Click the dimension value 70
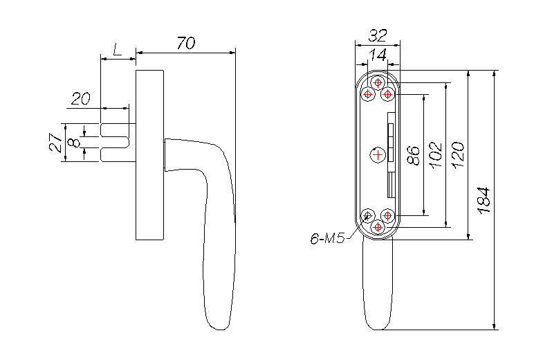pyautogui.click(x=186, y=43)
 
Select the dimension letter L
pyautogui.click(x=118, y=50)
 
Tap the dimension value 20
pyautogui.click(x=81, y=99)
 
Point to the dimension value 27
pyautogui.click(x=56, y=143)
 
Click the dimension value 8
pyautogui.click(x=74, y=143)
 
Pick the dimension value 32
pyautogui.click(x=378, y=35)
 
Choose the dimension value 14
pyautogui.click(x=378, y=55)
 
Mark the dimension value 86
pyautogui.click(x=414, y=155)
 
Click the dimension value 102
pyautogui.click(x=436, y=155)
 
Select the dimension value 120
pyautogui.click(x=458, y=155)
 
